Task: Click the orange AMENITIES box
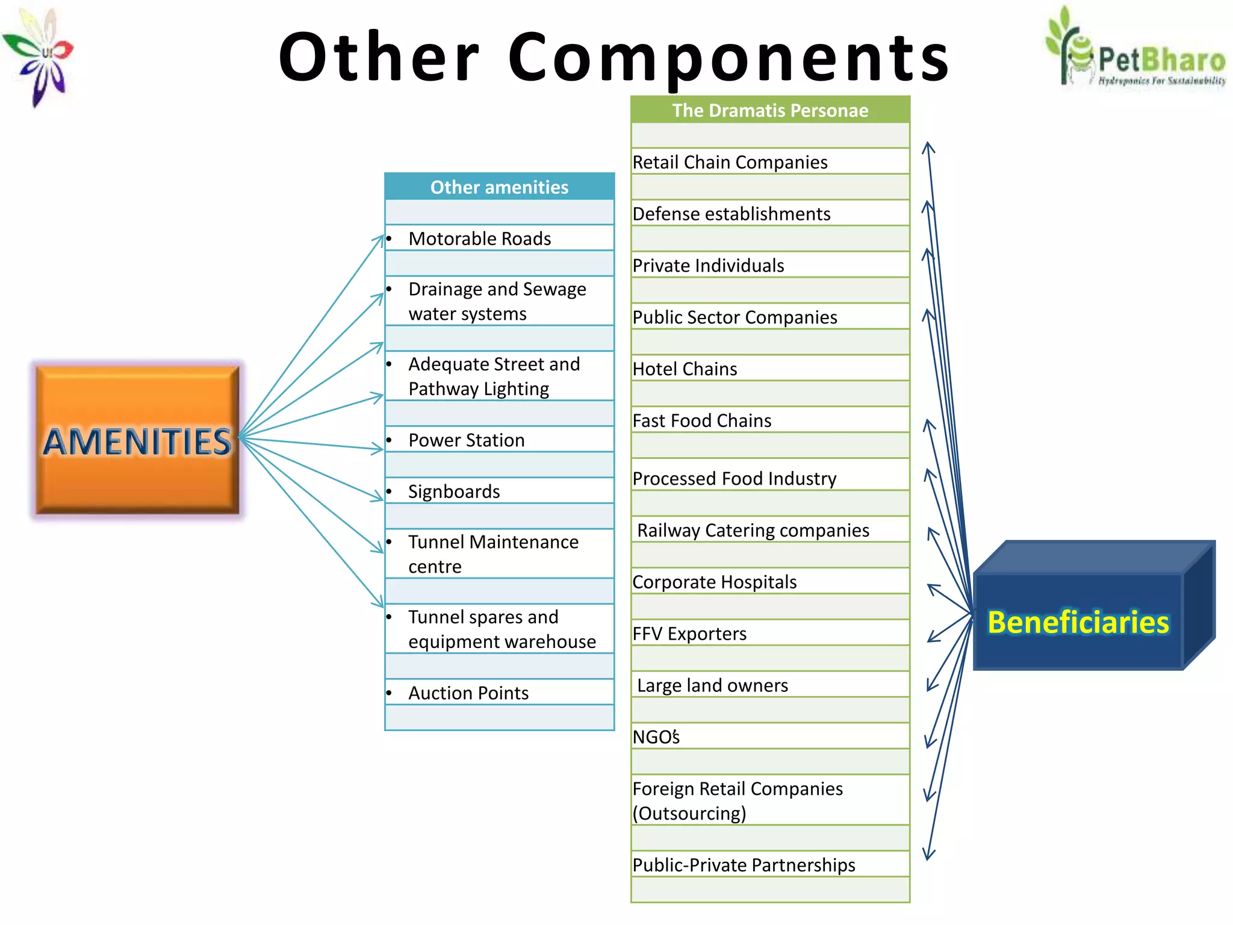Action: click(x=137, y=440)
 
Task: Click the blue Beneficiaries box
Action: click(x=1078, y=621)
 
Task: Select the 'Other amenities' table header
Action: click(x=499, y=187)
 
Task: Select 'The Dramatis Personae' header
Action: click(x=770, y=110)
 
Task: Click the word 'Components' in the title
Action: click(x=728, y=57)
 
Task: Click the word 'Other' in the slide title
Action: click(x=379, y=57)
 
